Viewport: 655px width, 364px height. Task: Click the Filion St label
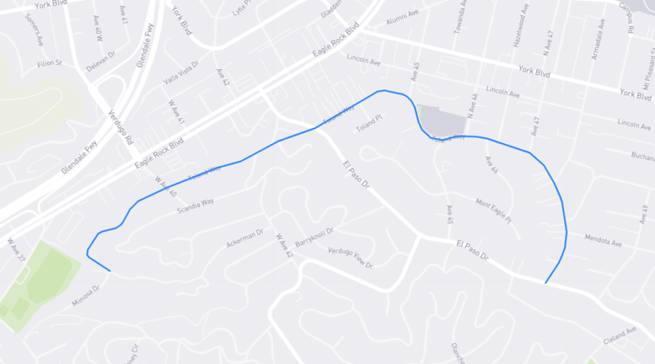click(49, 63)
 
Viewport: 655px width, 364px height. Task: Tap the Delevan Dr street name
click(100, 61)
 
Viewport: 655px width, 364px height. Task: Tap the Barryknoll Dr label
click(315, 236)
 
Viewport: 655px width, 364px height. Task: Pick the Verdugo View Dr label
click(350, 258)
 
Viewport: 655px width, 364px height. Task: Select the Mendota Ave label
click(603, 241)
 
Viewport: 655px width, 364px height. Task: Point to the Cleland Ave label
click(620, 336)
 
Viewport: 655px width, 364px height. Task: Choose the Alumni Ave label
click(401, 22)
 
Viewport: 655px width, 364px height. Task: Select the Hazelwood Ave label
click(517, 31)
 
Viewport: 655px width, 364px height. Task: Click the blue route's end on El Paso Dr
click(545, 283)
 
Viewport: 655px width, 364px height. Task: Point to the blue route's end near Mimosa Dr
click(111, 271)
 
